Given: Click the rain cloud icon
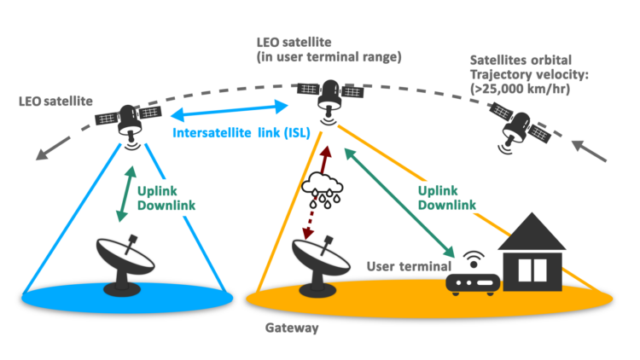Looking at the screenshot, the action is (x=322, y=189).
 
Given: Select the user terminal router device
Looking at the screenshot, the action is (x=473, y=284).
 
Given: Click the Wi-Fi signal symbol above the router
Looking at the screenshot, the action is (x=474, y=259).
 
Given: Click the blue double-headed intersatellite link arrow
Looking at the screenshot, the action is (x=230, y=111).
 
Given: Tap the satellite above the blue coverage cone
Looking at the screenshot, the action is (x=129, y=123).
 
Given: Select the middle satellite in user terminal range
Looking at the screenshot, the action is (x=330, y=98).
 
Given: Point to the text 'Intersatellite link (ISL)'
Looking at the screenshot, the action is (x=241, y=132).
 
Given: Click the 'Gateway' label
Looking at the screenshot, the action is (x=292, y=328).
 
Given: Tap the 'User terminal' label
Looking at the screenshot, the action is (x=409, y=266).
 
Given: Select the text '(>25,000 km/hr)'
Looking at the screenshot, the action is (x=520, y=89).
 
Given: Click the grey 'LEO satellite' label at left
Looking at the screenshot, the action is (x=55, y=102).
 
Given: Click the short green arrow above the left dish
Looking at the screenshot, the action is (x=126, y=194).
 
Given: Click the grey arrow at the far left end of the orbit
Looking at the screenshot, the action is (x=53, y=148).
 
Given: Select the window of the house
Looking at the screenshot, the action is (x=532, y=270).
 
